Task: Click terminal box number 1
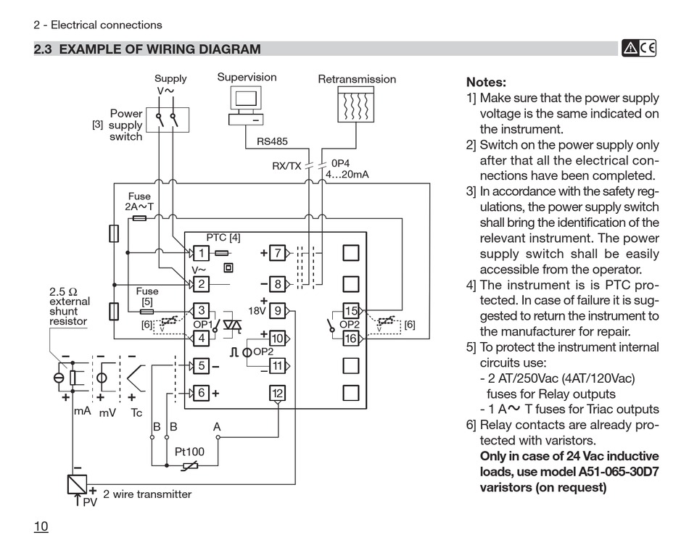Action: coord(201,253)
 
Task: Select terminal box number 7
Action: coord(277,253)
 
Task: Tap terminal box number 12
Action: coord(277,393)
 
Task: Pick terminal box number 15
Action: coord(350,311)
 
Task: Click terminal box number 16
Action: coord(350,339)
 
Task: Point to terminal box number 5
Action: coord(201,366)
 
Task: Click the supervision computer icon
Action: coord(246,105)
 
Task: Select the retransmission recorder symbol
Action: coord(356,104)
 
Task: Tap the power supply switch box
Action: coord(168,120)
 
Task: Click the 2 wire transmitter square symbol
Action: coord(78,484)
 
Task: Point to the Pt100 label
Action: coord(189,452)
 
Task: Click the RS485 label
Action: coord(273,141)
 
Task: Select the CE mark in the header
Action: coord(648,48)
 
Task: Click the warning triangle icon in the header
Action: coord(630,49)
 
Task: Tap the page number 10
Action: coord(41,526)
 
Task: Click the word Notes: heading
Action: coord(486,82)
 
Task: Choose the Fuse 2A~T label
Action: coord(139,202)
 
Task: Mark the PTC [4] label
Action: coord(223,238)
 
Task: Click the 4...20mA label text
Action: coord(347,174)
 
